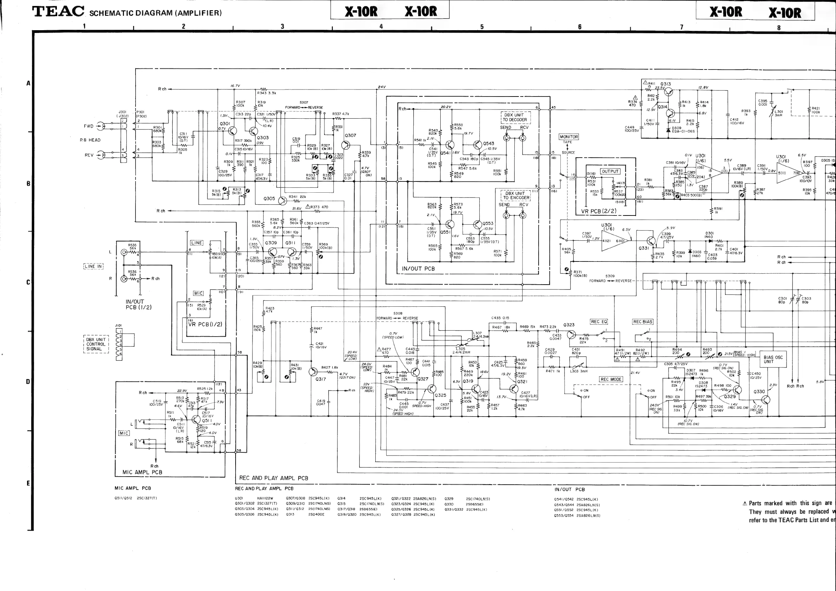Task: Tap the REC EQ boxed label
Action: [x=599, y=322]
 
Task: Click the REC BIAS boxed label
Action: [x=643, y=322]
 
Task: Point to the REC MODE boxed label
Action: [x=611, y=379]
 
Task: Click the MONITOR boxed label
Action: [x=569, y=137]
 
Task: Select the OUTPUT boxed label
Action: [x=610, y=171]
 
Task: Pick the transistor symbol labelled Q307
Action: [x=346, y=145]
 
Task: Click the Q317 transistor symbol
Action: [x=313, y=372]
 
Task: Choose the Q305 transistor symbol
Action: [x=283, y=200]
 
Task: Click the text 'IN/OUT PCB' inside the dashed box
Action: [x=418, y=269]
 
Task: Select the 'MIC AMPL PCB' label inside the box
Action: [x=142, y=472]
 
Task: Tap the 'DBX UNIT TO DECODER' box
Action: [x=515, y=117]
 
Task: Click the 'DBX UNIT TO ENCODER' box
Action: [x=515, y=195]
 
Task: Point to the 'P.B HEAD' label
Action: [x=90, y=140]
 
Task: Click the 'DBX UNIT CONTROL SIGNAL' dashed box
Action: [x=96, y=344]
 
